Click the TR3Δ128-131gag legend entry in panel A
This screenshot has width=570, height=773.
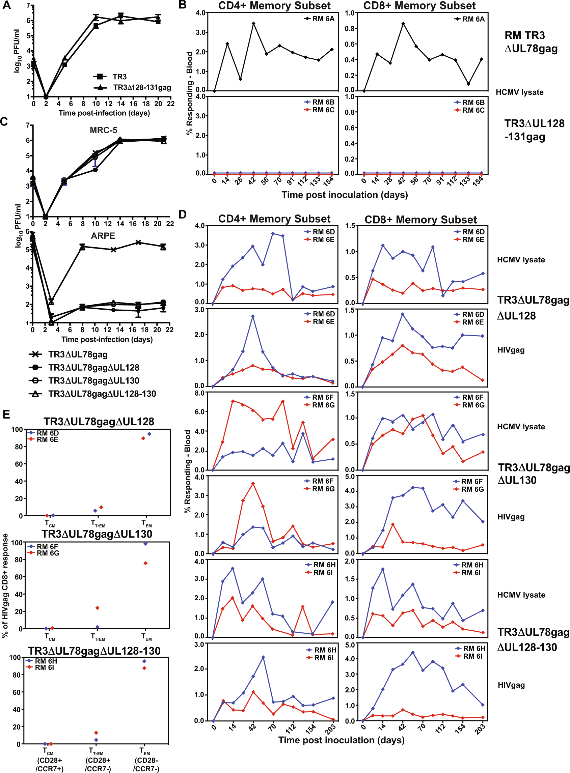point(142,88)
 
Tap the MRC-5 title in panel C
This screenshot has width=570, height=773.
point(103,130)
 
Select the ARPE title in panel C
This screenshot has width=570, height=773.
point(103,236)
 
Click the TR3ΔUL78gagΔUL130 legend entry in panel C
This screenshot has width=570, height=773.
point(93,381)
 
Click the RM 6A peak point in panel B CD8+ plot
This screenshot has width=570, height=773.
point(403,24)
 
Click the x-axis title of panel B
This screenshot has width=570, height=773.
point(344,195)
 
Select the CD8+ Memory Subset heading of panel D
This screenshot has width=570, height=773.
point(420,220)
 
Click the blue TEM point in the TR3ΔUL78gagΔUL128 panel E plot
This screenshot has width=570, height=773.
point(149,434)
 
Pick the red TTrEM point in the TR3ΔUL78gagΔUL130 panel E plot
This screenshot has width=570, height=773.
point(97,608)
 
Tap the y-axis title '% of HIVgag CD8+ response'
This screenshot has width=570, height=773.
point(5,585)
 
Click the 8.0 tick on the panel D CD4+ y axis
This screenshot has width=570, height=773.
point(200,393)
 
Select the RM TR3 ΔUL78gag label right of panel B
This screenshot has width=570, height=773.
point(531,42)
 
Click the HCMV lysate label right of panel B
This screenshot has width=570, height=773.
point(519,92)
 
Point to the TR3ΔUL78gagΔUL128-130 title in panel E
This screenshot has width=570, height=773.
point(94,651)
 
